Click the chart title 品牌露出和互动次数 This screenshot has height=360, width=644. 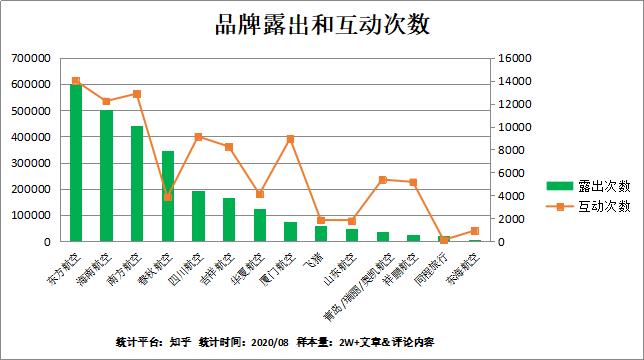tap(322, 24)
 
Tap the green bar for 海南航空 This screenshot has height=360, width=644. tap(106, 176)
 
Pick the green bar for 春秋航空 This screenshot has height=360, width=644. tap(168, 196)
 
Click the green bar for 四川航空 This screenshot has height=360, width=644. tap(198, 216)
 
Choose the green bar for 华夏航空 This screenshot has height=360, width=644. tap(260, 225)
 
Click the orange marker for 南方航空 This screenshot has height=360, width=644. tap(137, 94)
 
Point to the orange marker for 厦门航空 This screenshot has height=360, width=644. tap(290, 139)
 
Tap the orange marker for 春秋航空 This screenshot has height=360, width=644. tap(168, 196)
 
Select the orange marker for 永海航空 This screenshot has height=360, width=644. tap(474, 231)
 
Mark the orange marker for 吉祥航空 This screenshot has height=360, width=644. tap(229, 147)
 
